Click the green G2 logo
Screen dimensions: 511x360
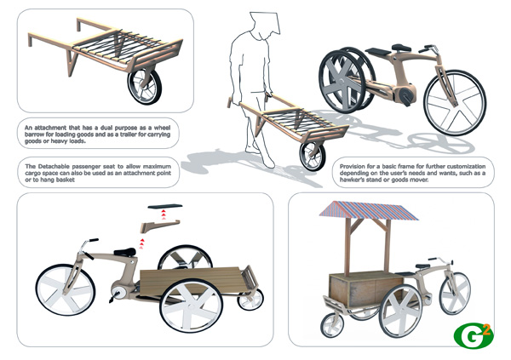pyautogui.click(x=474, y=336)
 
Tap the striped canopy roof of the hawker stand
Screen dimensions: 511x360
pyautogui.click(x=369, y=211)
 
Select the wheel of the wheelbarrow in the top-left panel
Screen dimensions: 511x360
pyautogui.click(x=145, y=86)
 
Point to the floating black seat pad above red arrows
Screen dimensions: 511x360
pyautogui.click(x=165, y=206)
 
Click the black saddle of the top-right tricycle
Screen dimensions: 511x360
pyautogui.click(x=401, y=48)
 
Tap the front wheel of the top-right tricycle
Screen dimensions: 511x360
pyautogui.click(x=455, y=103)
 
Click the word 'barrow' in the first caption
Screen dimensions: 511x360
pyautogui.click(x=34, y=134)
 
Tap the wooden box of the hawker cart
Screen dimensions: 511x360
pyautogui.click(x=365, y=289)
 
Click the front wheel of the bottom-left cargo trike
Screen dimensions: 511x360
pyautogui.click(x=66, y=289)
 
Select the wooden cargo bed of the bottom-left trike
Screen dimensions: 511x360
pyautogui.click(x=190, y=281)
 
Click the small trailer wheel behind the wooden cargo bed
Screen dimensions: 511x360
pyautogui.click(x=250, y=299)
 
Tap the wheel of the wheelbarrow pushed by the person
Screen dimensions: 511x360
pyautogui.click(x=313, y=157)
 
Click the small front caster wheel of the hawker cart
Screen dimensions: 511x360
pyautogui.click(x=332, y=325)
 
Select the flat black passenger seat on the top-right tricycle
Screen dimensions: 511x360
pyautogui.click(x=378, y=51)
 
